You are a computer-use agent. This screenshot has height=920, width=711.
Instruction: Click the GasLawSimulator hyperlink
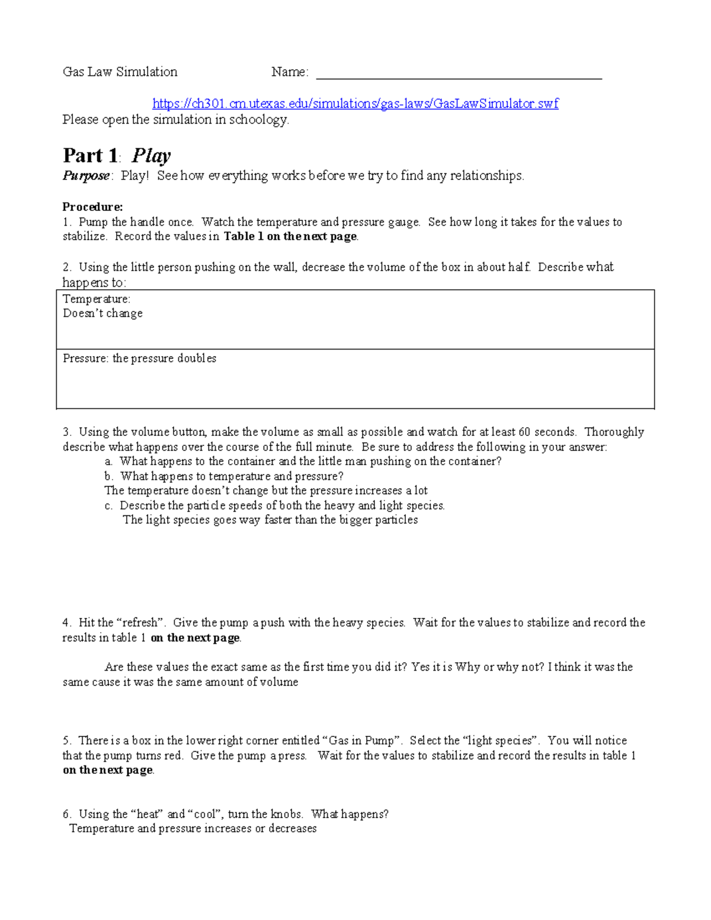pyautogui.click(x=355, y=104)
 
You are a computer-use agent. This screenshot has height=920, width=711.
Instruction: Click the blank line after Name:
pyautogui.click(x=459, y=75)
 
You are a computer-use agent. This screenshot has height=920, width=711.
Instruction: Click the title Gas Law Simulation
pyautogui.click(x=120, y=72)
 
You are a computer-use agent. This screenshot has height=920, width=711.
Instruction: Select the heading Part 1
pyautogui.click(x=91, y=156)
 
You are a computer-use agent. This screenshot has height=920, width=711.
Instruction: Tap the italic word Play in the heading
pyautogui.click(x=151, y=156)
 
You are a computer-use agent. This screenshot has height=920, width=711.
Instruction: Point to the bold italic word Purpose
pyautogui.click(x=87, y=176)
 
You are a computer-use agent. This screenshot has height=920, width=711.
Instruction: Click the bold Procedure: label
pyautogui.click(x=92, y=207)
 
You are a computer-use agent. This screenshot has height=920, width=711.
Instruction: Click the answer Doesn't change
pyautogui.click(x=103, y=313)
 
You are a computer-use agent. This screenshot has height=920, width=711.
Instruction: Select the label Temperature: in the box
pyautogui.click(x=97, y=299)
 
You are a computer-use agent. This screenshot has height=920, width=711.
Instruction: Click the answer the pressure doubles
pyautogui.click(x=164, y=358)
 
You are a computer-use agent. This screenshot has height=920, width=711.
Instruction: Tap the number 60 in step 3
pyautogui.click(x=524, y=432)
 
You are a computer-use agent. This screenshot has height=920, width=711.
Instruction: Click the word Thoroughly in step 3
pyautogui.click(x=614, y=432)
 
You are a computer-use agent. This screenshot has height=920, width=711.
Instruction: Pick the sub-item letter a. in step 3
pyautogui.click(x=108, y=461)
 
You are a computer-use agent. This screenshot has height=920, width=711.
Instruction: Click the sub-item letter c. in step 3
pyautogui.click(x=108, y=506)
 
